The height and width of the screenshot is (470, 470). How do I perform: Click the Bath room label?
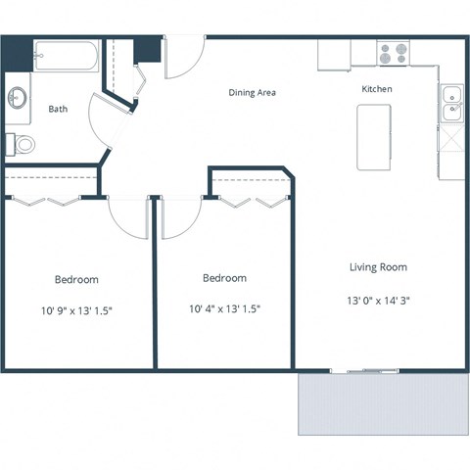pos(58,109)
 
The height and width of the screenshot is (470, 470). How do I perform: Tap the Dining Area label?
pos(252,93)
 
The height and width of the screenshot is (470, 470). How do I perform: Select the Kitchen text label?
pos(377,89)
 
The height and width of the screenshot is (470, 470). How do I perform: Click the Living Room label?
pos(378,266)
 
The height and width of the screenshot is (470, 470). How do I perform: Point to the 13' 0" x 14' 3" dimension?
pos(378,301)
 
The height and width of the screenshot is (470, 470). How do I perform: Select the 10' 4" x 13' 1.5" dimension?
pos(224,309)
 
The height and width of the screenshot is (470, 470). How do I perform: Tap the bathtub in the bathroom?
pos(66,57)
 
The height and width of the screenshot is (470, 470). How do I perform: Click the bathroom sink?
pos(17,99)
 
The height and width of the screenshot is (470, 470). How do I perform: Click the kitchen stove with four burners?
pos(394,53)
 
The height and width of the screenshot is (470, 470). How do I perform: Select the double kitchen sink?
pos(451,103)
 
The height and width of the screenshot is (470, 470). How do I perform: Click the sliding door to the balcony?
pos(365,371)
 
